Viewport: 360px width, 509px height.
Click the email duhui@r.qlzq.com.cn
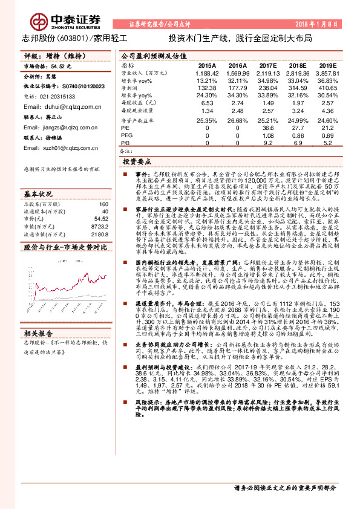58,106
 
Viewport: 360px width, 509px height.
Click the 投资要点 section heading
137,162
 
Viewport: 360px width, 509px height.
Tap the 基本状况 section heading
39,194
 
